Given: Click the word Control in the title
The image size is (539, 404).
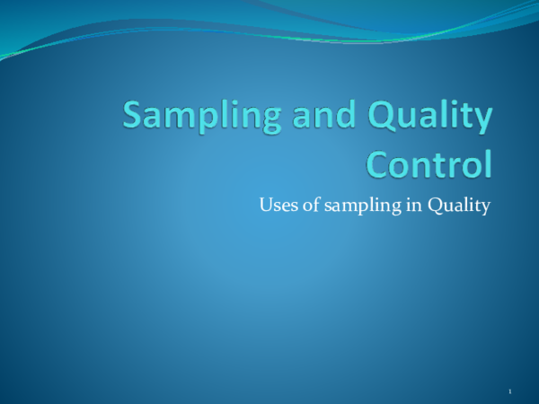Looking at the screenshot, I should click(431, 165).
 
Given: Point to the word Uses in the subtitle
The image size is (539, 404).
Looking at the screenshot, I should click(274, 207).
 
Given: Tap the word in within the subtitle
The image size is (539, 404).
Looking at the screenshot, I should click(401, 207).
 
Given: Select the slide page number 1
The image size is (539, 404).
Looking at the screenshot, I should click(509, 392).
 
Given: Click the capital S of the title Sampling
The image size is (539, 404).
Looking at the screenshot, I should click(134, 117).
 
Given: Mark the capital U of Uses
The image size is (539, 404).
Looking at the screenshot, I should click(265, 207).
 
